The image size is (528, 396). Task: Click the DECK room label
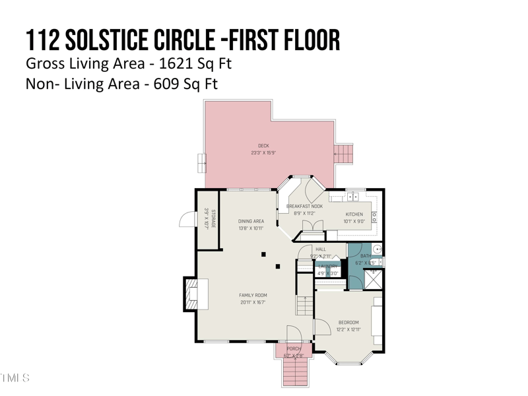(x=263, y=146)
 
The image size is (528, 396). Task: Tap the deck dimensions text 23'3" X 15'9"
(x=263, y=152)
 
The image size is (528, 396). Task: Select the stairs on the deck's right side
(x=344, y=154)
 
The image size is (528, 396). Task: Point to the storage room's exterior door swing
(x=187, y=219)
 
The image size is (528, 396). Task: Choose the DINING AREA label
(x=251, y=222)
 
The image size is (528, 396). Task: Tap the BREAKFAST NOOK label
(x=305, y=206)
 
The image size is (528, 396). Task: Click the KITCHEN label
(x=354, y=214)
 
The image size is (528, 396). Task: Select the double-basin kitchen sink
(x=352, y=196)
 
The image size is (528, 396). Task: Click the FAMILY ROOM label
(x=253, y=296)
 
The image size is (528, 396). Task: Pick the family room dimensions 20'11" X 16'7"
(x=253, y=303)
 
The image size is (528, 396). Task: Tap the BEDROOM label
(x=348, y=322)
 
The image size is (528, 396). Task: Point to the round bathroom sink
(x=378, y=249)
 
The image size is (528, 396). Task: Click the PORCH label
(x=294, y=348)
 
